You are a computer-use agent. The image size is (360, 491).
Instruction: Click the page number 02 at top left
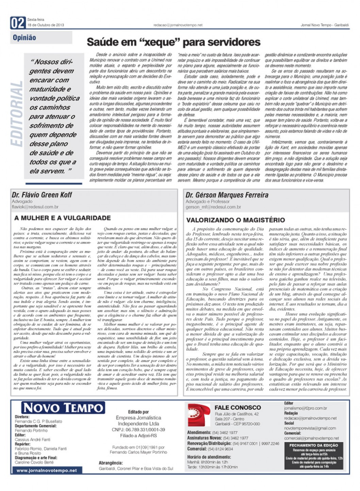point(18,23)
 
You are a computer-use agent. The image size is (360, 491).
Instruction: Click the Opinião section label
point(24,38)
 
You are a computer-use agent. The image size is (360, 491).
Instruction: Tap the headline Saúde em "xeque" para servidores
point(174,42)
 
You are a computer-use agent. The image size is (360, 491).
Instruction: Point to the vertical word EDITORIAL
point(17,114)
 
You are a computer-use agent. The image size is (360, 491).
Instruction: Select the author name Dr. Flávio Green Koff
point(42,195)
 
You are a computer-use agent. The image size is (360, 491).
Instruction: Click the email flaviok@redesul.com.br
point(35,207)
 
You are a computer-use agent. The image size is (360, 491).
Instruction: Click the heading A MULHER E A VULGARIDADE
point(63,218)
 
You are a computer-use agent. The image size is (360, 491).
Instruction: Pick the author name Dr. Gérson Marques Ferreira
point(227,195)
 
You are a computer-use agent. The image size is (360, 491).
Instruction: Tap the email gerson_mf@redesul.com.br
point(213,207)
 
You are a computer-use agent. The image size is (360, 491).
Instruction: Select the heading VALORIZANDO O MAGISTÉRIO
point(235,220)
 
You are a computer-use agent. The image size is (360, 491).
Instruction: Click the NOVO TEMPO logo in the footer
point(63,408)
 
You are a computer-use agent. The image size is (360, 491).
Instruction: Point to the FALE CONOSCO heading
point(238,407)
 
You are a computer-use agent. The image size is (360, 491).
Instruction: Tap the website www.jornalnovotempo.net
point(47,471)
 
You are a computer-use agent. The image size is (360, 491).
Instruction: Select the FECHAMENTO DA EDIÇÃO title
point(313,445)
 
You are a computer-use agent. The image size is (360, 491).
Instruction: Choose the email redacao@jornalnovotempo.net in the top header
point(178,25)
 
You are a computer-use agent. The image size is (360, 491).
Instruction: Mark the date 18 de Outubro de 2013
point(46,25)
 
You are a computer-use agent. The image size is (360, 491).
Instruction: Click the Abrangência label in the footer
point(111,463)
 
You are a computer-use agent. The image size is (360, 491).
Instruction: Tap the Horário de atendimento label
point(209,457)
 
